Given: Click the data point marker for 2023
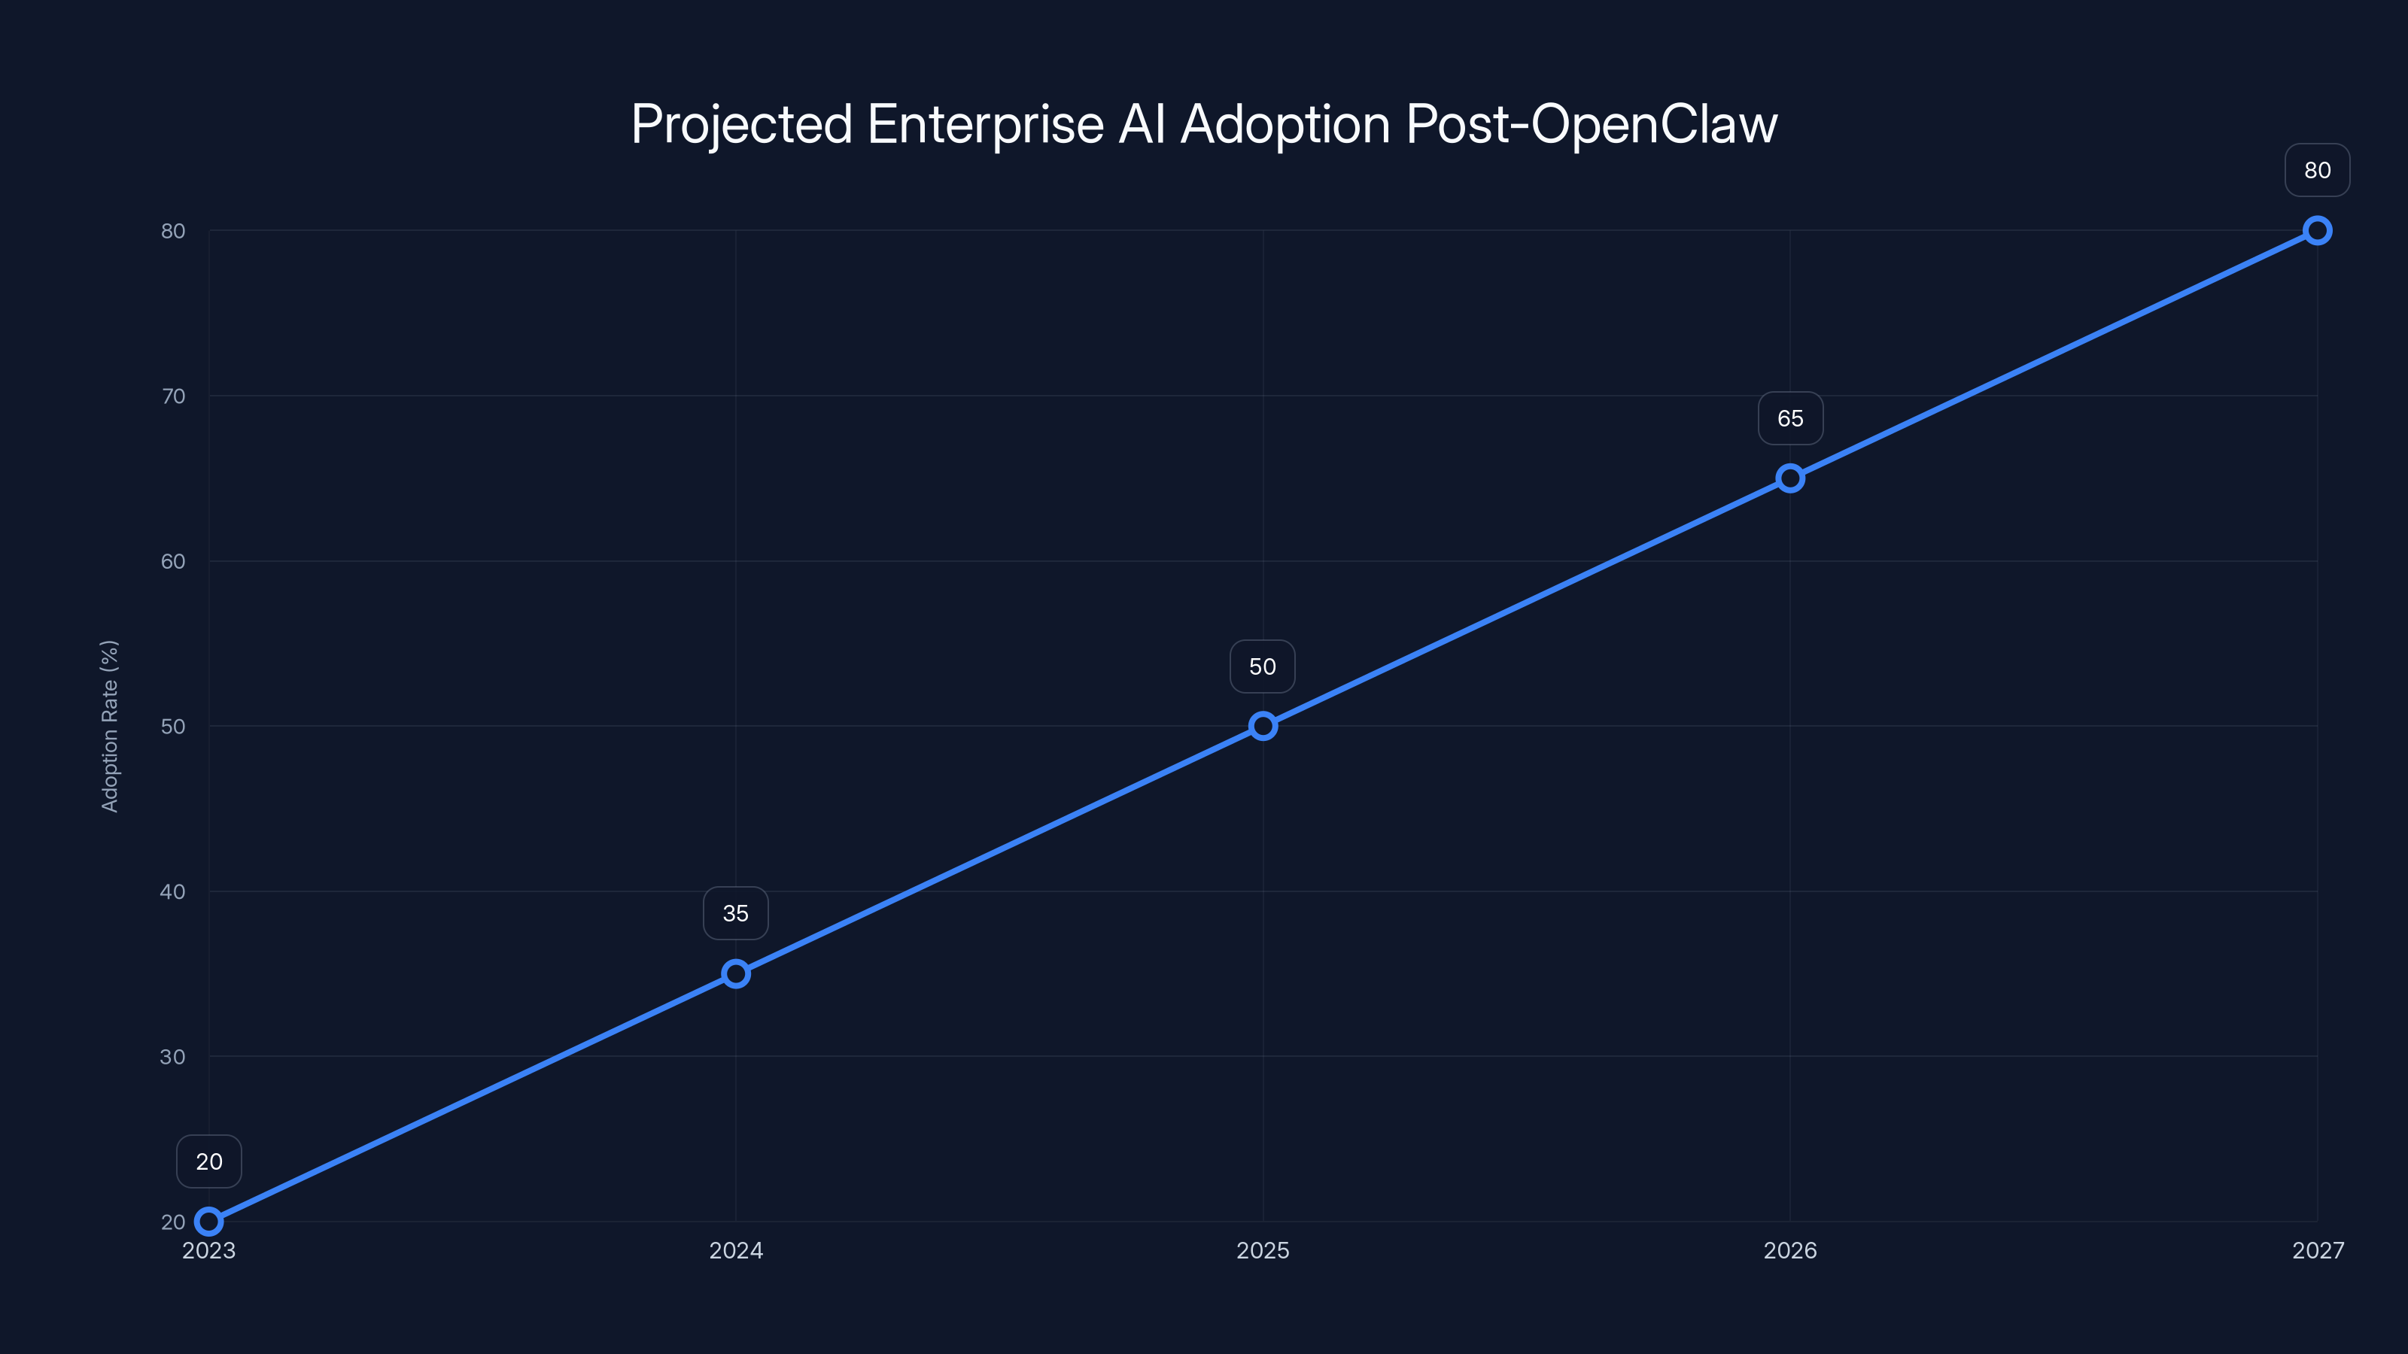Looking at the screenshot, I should (x=208, y=1222).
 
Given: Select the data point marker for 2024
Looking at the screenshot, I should (x=736, y=973).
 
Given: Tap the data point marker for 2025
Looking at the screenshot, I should (x=1263, y=726).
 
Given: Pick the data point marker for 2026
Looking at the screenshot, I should (x=1790, y=478).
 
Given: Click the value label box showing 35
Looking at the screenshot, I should (x=736, y=913).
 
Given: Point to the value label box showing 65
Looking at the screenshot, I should (x=1790, y=419).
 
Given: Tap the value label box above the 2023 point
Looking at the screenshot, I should (x=208, y=1161).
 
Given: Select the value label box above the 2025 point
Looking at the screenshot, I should (x=1263, y=666).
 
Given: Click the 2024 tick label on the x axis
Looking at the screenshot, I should (x=736, y=1250).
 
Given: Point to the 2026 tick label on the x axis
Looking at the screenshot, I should (x=1790, y=1250).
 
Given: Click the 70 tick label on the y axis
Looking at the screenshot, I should (x=173, y=396).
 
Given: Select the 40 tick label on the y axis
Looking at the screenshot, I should (x=173, y=891).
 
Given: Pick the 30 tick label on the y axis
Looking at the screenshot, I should (x=173, y=1057).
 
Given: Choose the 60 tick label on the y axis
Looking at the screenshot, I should (x=173, y=562).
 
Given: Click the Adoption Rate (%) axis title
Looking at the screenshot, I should (x=109, y=726).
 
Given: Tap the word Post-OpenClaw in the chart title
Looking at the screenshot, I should (x=1591, y=124).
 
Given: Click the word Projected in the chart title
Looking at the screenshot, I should (x=741, y=124).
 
